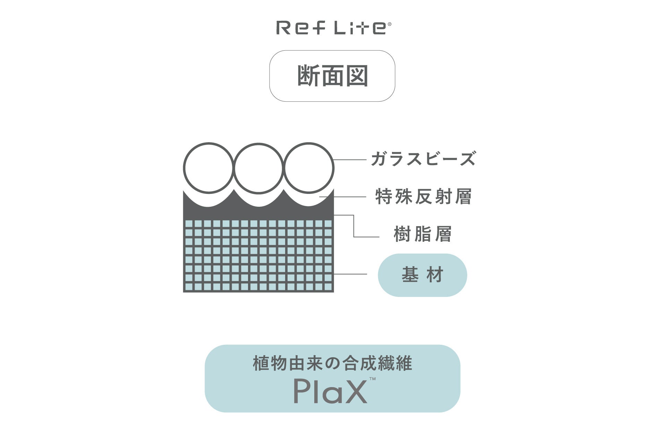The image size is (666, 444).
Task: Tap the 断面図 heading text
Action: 332,76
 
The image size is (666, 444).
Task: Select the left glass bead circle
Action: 208,168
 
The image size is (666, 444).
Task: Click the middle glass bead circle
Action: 259,168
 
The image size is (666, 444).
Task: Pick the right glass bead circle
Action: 309,168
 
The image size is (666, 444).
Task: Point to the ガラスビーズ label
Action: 423,159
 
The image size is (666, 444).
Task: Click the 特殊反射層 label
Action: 423,197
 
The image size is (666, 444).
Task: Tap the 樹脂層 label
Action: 422,234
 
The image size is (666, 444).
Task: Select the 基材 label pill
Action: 422,275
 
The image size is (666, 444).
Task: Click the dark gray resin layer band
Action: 258,212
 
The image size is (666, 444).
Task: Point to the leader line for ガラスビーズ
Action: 350,160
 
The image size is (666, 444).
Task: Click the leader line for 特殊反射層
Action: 343,197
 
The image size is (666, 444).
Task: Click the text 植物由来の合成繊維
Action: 332,364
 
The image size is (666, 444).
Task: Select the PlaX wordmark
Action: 330,391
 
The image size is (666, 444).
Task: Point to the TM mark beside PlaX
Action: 373,379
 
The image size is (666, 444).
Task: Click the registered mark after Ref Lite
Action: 389,24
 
